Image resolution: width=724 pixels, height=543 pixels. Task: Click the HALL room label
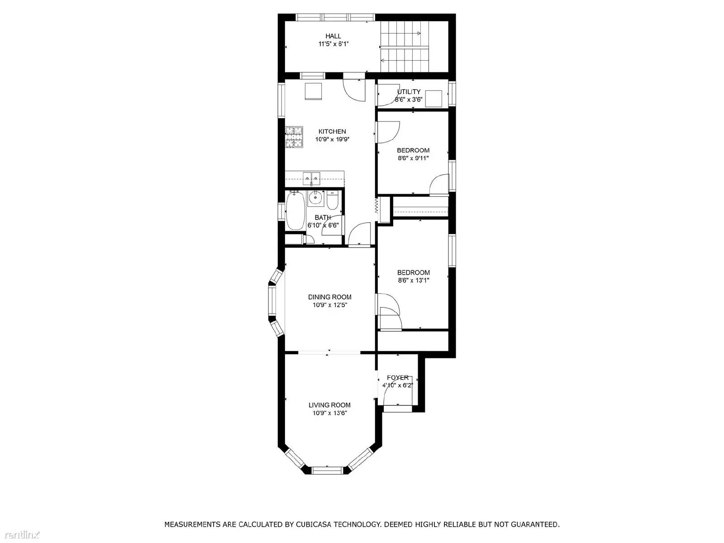(333, 36)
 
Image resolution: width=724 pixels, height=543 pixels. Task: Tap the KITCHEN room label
(332, 132)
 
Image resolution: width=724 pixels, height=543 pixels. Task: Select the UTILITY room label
(409, 92)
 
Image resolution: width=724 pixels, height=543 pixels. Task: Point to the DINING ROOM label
(330, 297)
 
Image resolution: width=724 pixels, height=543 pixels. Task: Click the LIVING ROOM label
(329, 405)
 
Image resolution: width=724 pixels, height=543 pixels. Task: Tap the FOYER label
(398, 377)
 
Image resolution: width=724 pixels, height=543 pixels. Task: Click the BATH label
(323, 218)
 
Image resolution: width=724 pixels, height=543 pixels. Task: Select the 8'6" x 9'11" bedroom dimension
(413, 158)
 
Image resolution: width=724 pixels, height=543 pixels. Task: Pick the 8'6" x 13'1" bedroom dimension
(413, 281)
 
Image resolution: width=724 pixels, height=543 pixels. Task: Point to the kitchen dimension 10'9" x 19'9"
(332, 139)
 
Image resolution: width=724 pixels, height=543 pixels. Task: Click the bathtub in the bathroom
(295, 211)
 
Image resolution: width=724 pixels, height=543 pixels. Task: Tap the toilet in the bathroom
(332, 200)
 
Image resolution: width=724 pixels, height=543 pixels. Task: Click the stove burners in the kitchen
(294, 137)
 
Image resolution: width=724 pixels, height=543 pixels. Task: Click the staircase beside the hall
(405, 47)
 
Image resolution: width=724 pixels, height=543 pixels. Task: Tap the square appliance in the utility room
(433, 99)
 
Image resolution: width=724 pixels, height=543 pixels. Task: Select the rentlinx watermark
(20, 534)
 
